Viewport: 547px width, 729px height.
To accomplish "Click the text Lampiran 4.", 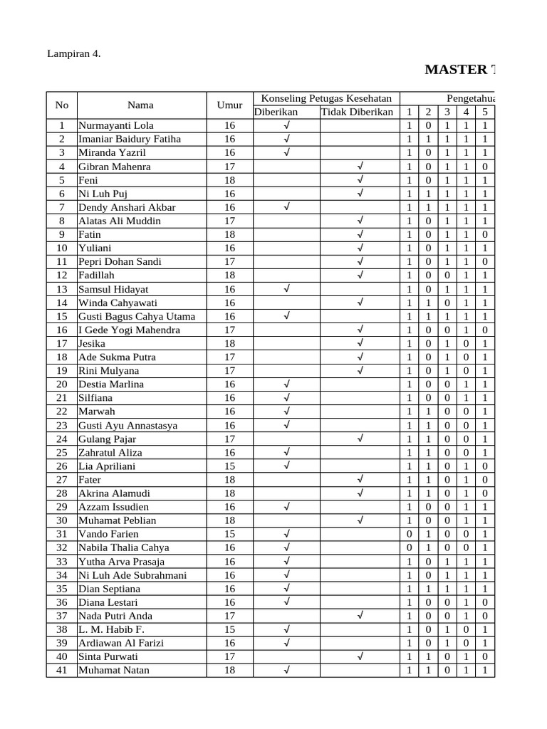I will (74, 53).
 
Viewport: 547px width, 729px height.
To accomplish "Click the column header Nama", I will (140, 105).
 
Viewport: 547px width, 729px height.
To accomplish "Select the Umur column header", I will (229, 105).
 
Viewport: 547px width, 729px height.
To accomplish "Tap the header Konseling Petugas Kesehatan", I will (326, 98).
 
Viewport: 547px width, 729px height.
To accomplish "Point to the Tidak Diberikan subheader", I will (357, 112).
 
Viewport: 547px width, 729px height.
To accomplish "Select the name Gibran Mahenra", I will (115, 167).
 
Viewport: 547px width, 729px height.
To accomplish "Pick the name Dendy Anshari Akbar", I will (127, 207).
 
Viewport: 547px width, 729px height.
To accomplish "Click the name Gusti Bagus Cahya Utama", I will (137, 316).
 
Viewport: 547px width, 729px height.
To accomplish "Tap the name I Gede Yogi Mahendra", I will (129, 330).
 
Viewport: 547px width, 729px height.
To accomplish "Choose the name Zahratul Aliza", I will (110, 452).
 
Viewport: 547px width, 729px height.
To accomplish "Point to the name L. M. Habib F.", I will (111, 629).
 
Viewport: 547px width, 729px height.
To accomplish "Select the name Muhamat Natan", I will (114, 670).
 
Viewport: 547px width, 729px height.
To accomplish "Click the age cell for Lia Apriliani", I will (229, 466).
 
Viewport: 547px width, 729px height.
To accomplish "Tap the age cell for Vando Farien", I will (229, 534).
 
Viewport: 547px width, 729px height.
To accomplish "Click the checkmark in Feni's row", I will (360, 180).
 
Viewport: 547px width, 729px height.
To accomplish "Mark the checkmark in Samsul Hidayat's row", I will (286, 289).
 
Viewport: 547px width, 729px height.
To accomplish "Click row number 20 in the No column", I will (61, 384).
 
